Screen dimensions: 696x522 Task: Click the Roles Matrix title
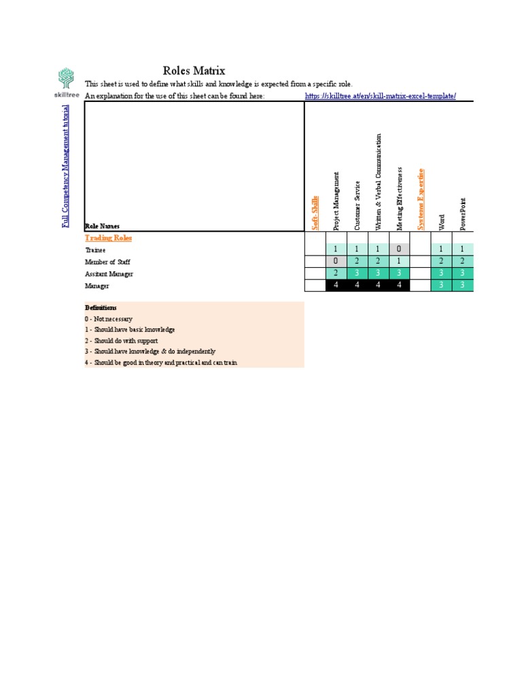[194, 71]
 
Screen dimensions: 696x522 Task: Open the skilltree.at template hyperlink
[380, 97]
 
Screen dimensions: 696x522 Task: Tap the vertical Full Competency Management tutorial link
[66, 167]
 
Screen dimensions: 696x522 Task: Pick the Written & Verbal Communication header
[379, 182]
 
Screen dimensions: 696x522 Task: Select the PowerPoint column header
[463, 213]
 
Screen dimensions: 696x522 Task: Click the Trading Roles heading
[108, 238]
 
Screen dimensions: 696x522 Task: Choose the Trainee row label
[95, 250]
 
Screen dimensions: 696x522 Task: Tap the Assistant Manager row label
[109, 274]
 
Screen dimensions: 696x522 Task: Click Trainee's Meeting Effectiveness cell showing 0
[400, 249]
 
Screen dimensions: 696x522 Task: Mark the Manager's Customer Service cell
[357, 285]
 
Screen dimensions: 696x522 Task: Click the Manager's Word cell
[442, 285]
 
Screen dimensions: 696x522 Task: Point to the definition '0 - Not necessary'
[109, 319]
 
